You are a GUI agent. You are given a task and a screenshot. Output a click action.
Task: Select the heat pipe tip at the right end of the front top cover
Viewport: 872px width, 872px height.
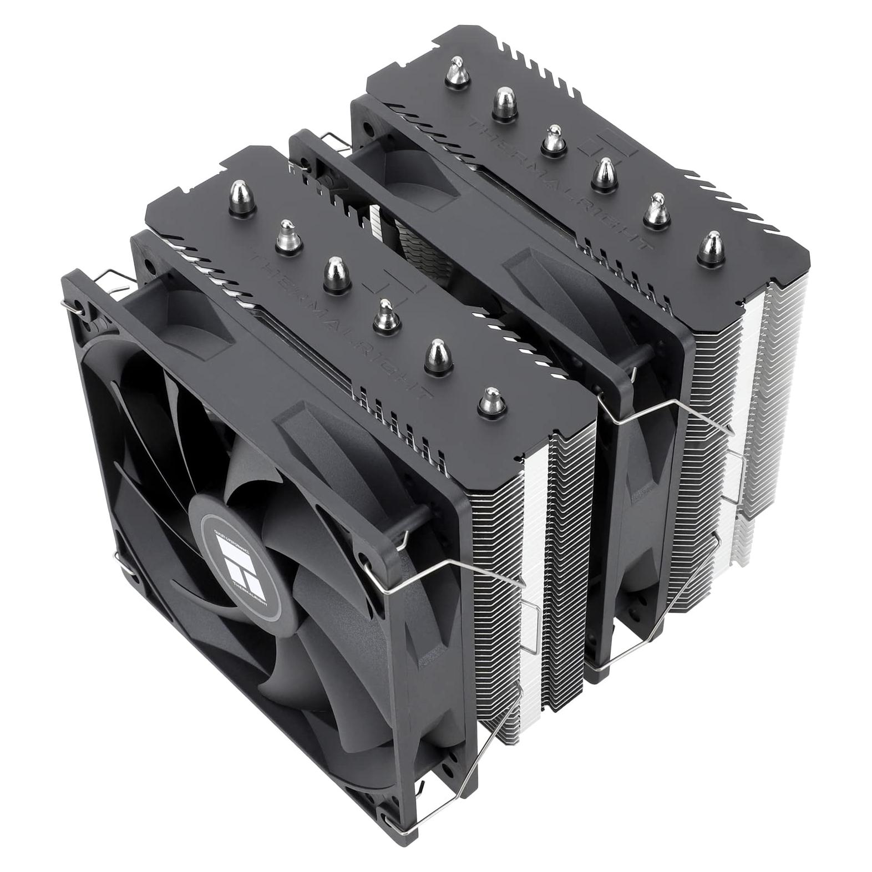tap(489, 400)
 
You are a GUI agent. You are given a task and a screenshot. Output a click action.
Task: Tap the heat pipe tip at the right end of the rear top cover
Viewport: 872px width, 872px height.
tap(712, 247)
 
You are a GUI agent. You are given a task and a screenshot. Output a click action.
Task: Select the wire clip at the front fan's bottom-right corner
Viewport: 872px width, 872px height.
tap(488, 738)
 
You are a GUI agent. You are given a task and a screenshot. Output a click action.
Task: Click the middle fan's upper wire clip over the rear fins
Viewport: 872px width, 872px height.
tap(682, 410)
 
